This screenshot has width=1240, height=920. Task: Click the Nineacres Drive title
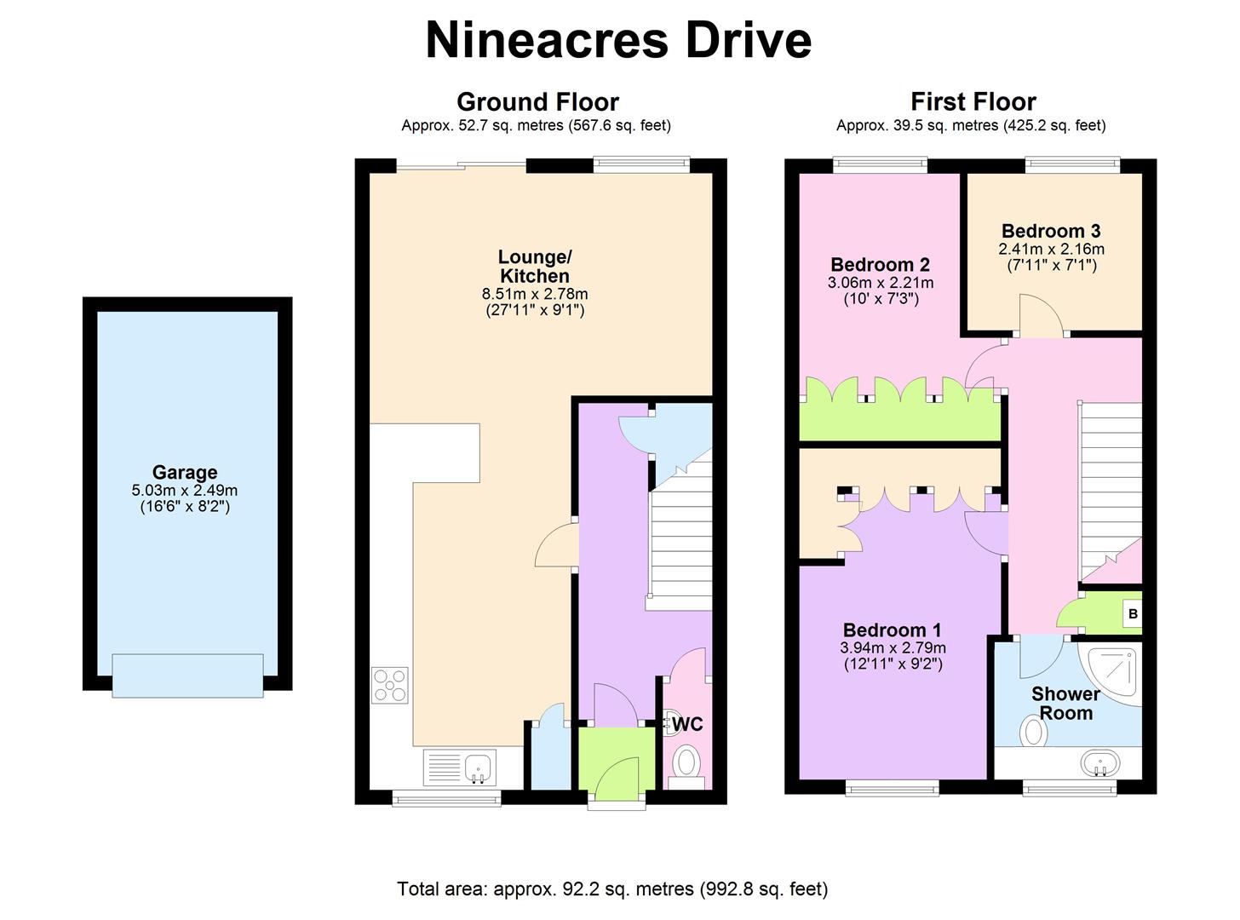click(x=617, y=40)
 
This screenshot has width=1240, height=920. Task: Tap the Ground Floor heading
click(x=537, y=101)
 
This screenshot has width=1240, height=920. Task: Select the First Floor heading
click(x=973, y=101)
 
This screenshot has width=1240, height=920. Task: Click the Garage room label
click(x=185, y=473)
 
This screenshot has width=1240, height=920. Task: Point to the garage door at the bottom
click(x=187, y=676)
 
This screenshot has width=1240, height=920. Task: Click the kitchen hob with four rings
click(x=390, y=686)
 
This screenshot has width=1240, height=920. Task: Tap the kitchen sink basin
click(x=478, y=767)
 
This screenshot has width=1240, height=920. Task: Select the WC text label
click(x=687, y=724)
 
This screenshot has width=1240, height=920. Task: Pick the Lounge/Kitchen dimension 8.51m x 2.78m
click(x=535, y=294)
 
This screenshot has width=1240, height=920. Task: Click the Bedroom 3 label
click(x=1051, y=231)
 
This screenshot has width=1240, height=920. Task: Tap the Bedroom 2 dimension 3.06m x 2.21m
click(x=881, y=283)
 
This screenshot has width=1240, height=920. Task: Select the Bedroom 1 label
click(x=893, y=630)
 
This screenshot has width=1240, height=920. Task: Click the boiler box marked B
click(x=1133, y=614)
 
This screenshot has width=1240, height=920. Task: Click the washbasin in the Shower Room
click(x=1100, y=763)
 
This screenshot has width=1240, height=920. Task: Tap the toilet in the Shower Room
click(x=1033, y=733)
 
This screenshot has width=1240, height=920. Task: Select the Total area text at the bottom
click(x=612, y=888)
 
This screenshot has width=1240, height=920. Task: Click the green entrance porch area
click(x=616, y=758)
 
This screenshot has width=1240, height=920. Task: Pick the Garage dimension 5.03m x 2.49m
click(x=185, y=491)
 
